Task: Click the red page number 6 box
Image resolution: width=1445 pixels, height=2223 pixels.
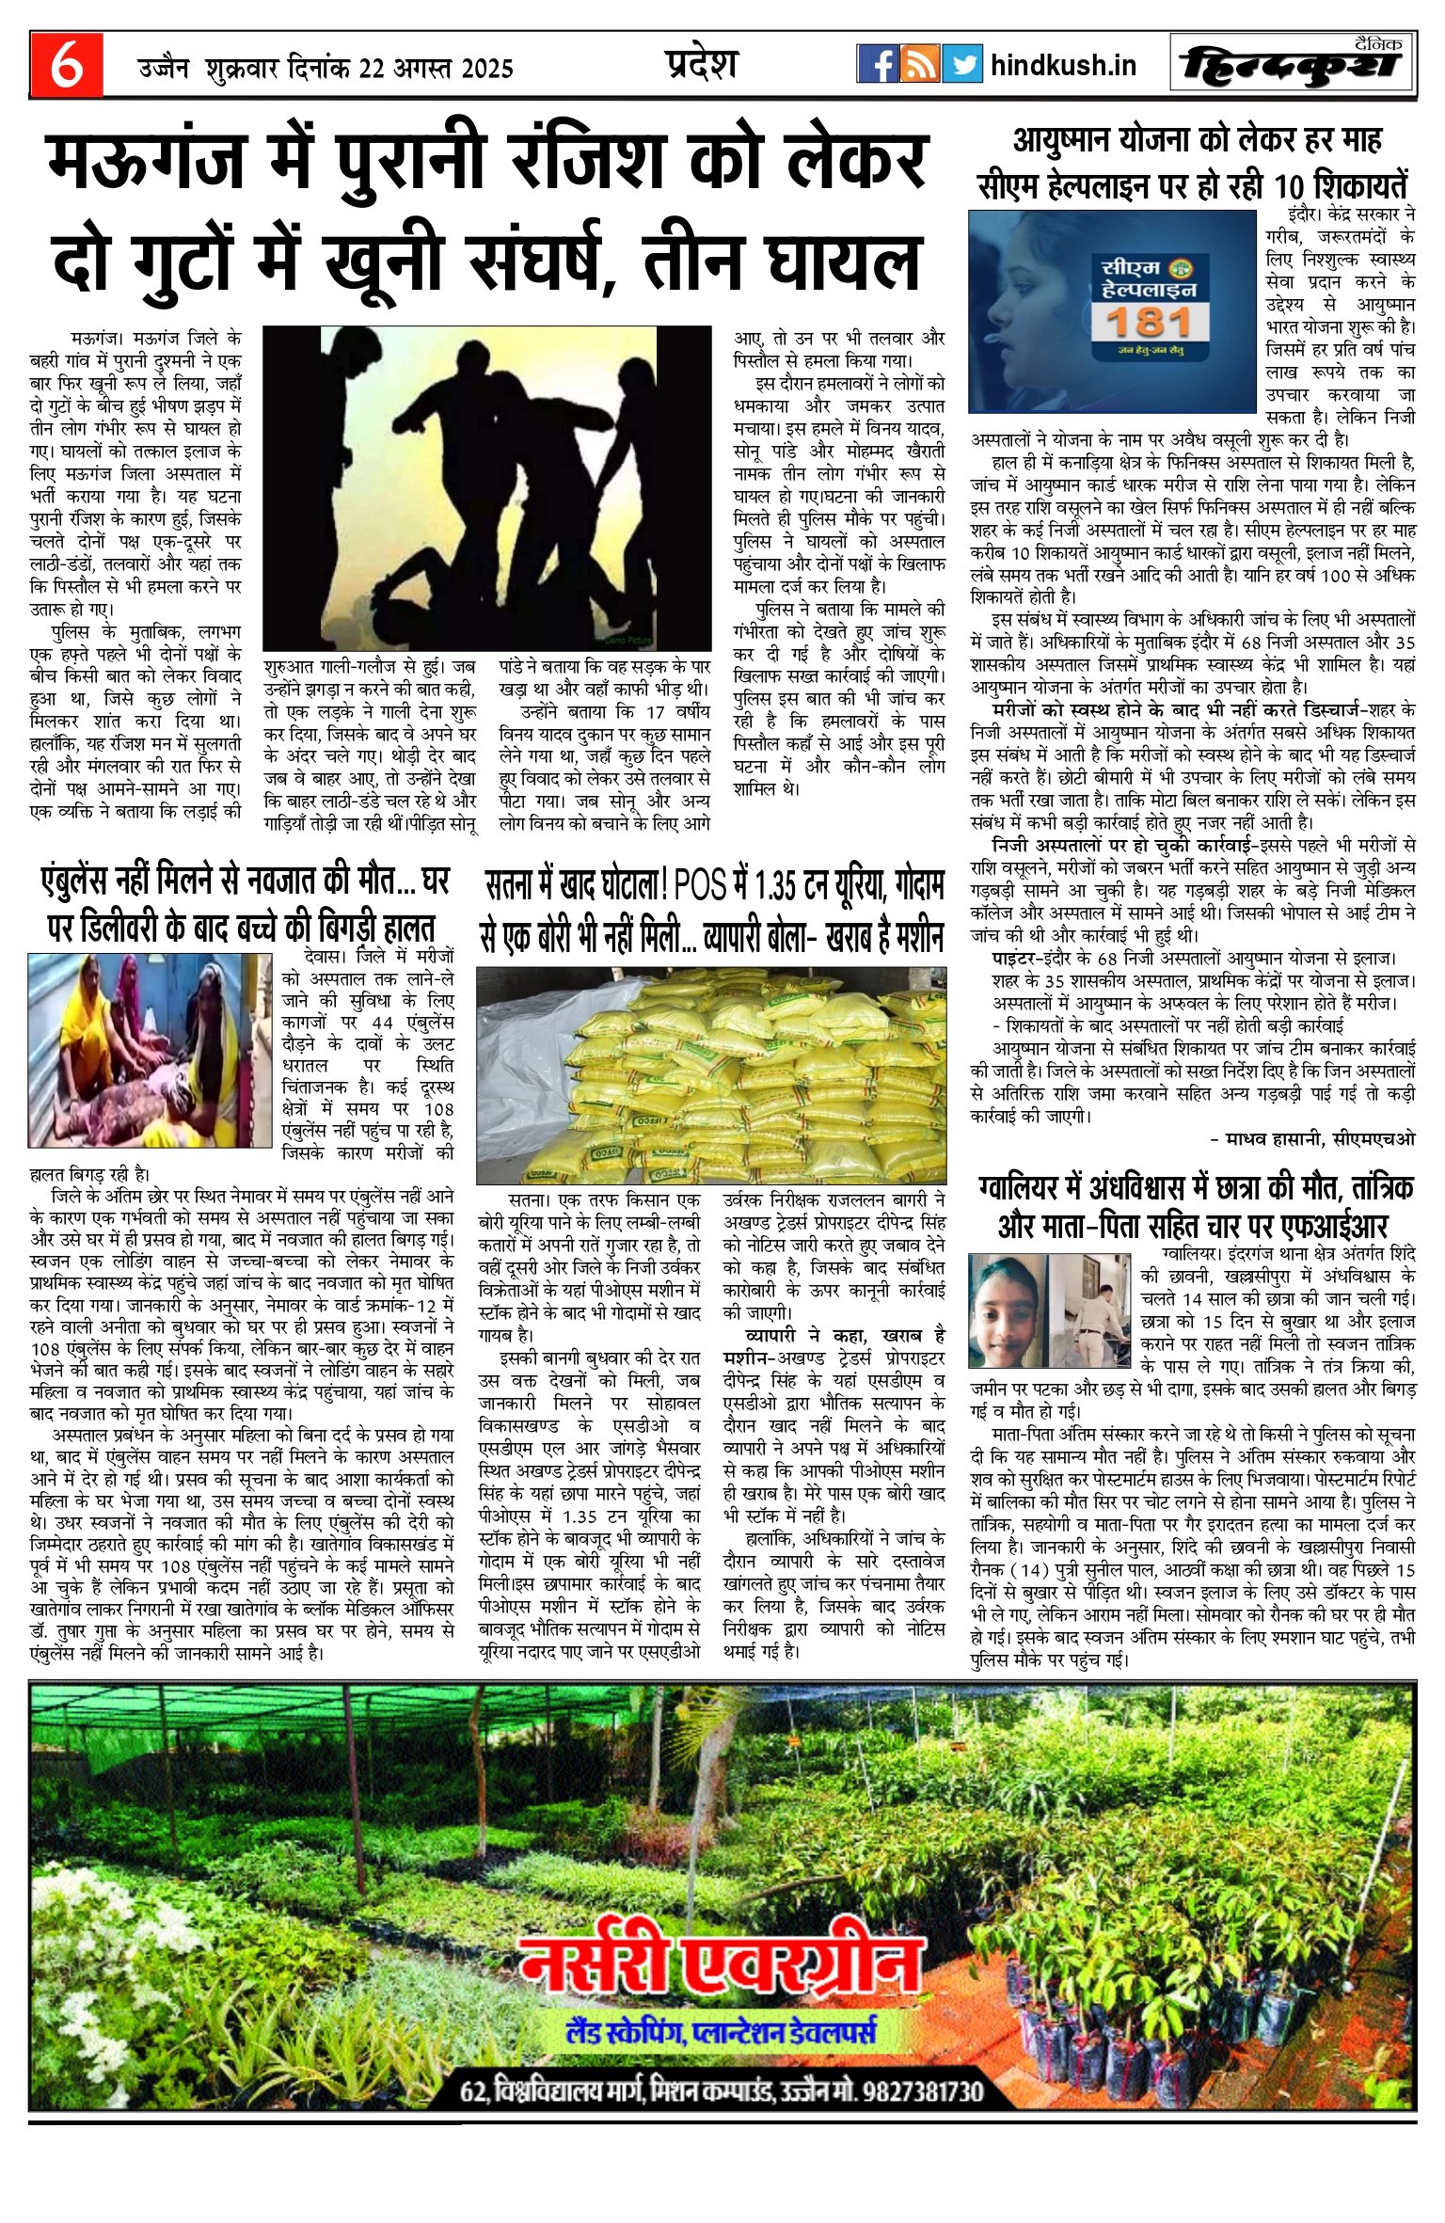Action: (x=66, y=64)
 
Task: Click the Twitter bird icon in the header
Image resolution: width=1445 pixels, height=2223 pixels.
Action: (x=961, y=64)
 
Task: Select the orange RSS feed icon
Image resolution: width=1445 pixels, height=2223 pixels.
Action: (x=919, y=64)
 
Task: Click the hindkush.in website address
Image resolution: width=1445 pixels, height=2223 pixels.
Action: (x=1063, y=65)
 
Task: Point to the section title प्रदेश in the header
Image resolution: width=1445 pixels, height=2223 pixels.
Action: (x=701, y=63)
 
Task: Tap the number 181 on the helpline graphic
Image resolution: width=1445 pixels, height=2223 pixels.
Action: (x=1150, y=323)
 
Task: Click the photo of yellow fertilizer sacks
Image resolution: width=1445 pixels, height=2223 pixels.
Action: (x=710, y=1074)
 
